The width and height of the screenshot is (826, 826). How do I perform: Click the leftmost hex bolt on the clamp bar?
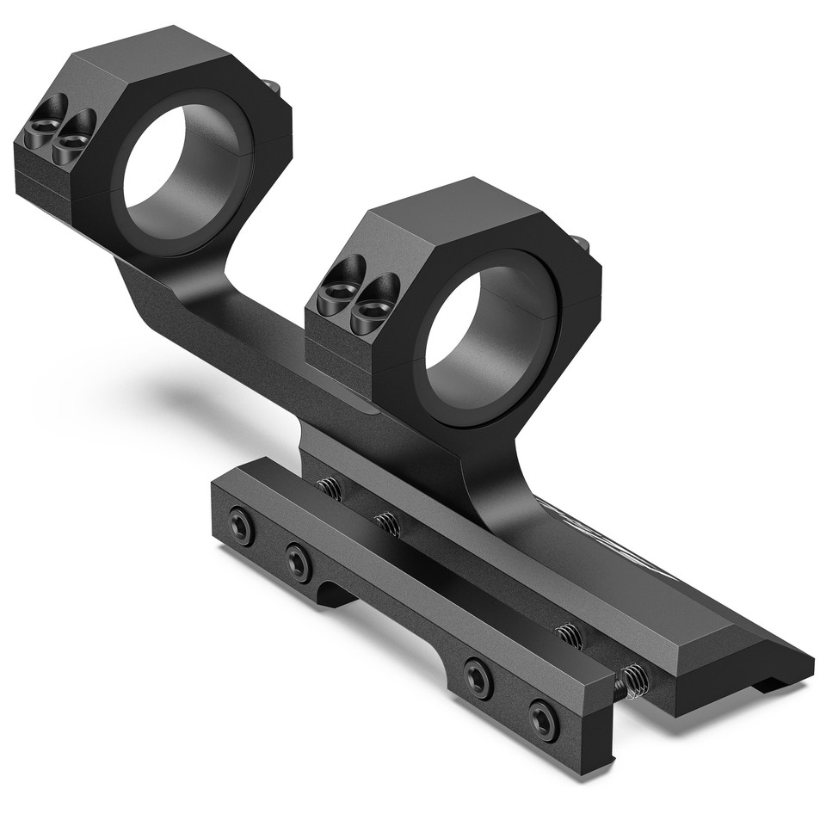[241, 526]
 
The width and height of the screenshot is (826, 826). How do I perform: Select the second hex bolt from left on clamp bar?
[299, 563]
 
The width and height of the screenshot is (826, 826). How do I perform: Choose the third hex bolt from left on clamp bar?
[478, 677]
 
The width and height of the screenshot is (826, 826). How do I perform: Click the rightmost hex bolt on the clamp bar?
[543, 719]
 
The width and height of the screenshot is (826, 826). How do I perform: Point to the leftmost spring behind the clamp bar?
[330, 489]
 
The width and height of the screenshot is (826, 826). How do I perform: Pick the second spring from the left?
[387, 523]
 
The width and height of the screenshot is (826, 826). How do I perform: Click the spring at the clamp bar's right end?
[633, 681]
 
